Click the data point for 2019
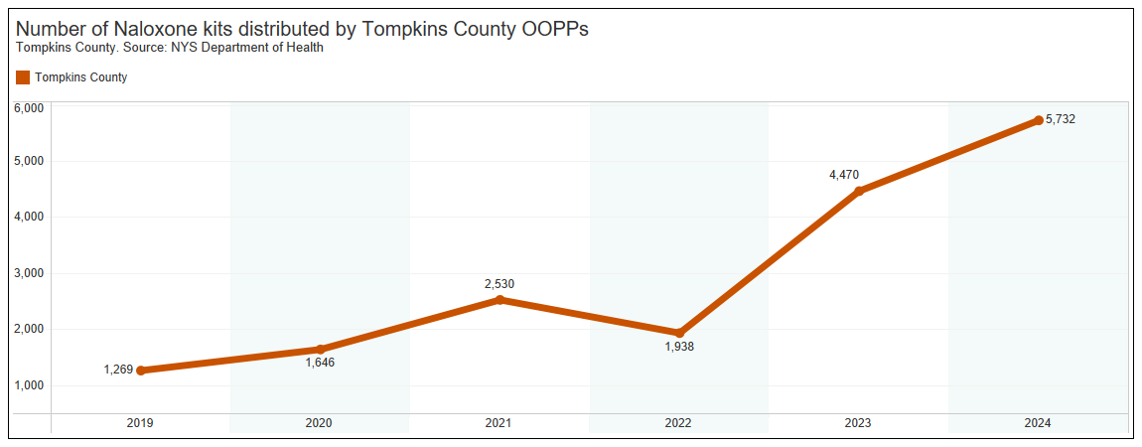click(x=141, y=371)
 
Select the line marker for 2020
click(x=320, y=350)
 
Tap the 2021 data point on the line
click(x=500, y=300)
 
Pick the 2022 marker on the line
click(x=679, y=333)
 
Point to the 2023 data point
click(x=859, y=191)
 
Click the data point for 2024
click(x=1039, y=120)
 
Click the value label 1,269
click(x=118, y=371)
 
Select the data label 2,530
click(x=500, y=284)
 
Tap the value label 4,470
click(x=844, y=175)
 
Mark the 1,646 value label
click(x=320, y=364)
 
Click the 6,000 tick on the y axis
click(x=28, y=107)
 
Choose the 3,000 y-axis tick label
click(x=28, y=273)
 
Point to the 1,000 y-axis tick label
click(x=28, y=385)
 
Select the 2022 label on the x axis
click(x=679, y=423)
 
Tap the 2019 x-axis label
click(x=140, y=423)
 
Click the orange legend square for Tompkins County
click(x=23, y=77)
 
